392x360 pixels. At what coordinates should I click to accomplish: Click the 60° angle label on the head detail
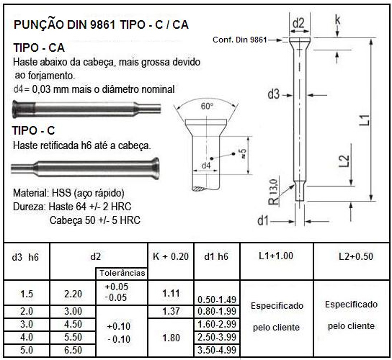pyautogui.click(x=207, y=106)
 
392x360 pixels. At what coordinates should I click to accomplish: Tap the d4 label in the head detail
pyautogui.click(x=206, y=166)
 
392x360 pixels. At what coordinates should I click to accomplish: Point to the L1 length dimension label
pyautogui.click(x=365, y=120)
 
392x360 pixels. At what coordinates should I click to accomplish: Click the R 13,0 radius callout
pyautogui.click(x=273, y=192)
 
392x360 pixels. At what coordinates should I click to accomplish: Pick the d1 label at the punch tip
pyautogui.click(x=263, y=220)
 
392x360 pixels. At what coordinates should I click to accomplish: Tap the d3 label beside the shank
pyautogui.click(x=273, y=94)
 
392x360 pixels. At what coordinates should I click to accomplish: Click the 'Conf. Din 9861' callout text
pyautogui.click(x=240, y=40)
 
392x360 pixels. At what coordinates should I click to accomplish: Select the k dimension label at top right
pyautogui.click(x=337, y=19)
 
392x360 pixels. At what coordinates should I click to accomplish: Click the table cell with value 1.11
pyautogui.click(x=171, y=293)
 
